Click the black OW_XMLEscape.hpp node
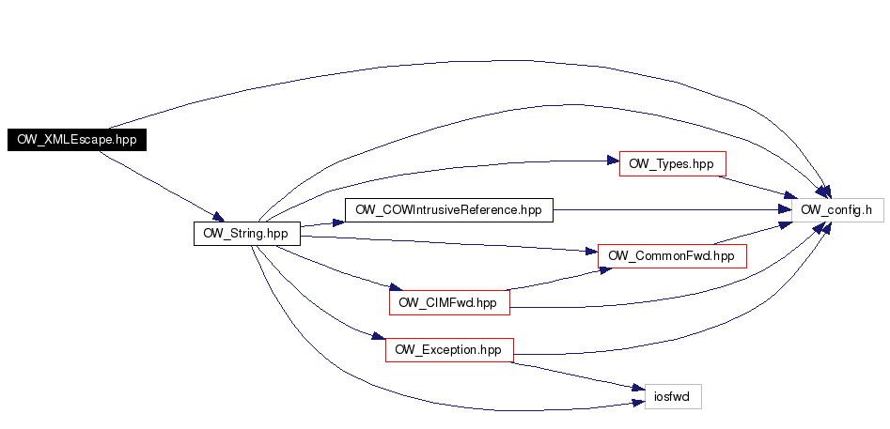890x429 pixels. (77, 139)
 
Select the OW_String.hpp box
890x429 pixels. (246, 233)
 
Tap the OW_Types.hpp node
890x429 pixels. (672, 163)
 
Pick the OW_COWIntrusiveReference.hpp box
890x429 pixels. (449, 209)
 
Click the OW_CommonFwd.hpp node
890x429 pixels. (672, 255)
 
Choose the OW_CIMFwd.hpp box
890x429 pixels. (447, 302)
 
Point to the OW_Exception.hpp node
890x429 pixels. (449, 350)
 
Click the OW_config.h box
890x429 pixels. (837, 211)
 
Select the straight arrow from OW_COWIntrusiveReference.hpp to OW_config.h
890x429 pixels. (667, 210)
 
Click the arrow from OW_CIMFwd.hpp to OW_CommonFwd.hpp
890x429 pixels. (554, 278)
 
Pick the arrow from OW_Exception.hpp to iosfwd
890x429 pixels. (573, 372)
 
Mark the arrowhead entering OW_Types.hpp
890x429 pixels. (612, 162)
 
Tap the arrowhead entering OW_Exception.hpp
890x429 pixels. (379, 337)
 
